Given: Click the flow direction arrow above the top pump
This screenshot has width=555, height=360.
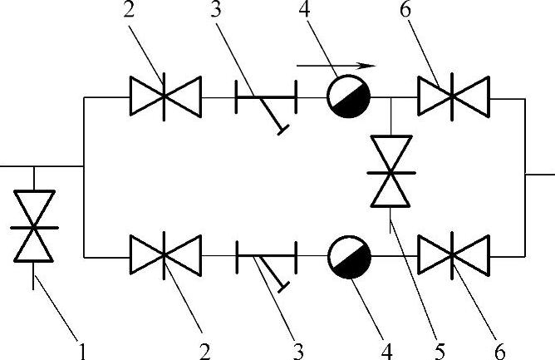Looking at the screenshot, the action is (x=336, y=64).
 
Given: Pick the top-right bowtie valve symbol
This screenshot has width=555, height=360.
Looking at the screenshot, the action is (x=454, y=97).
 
